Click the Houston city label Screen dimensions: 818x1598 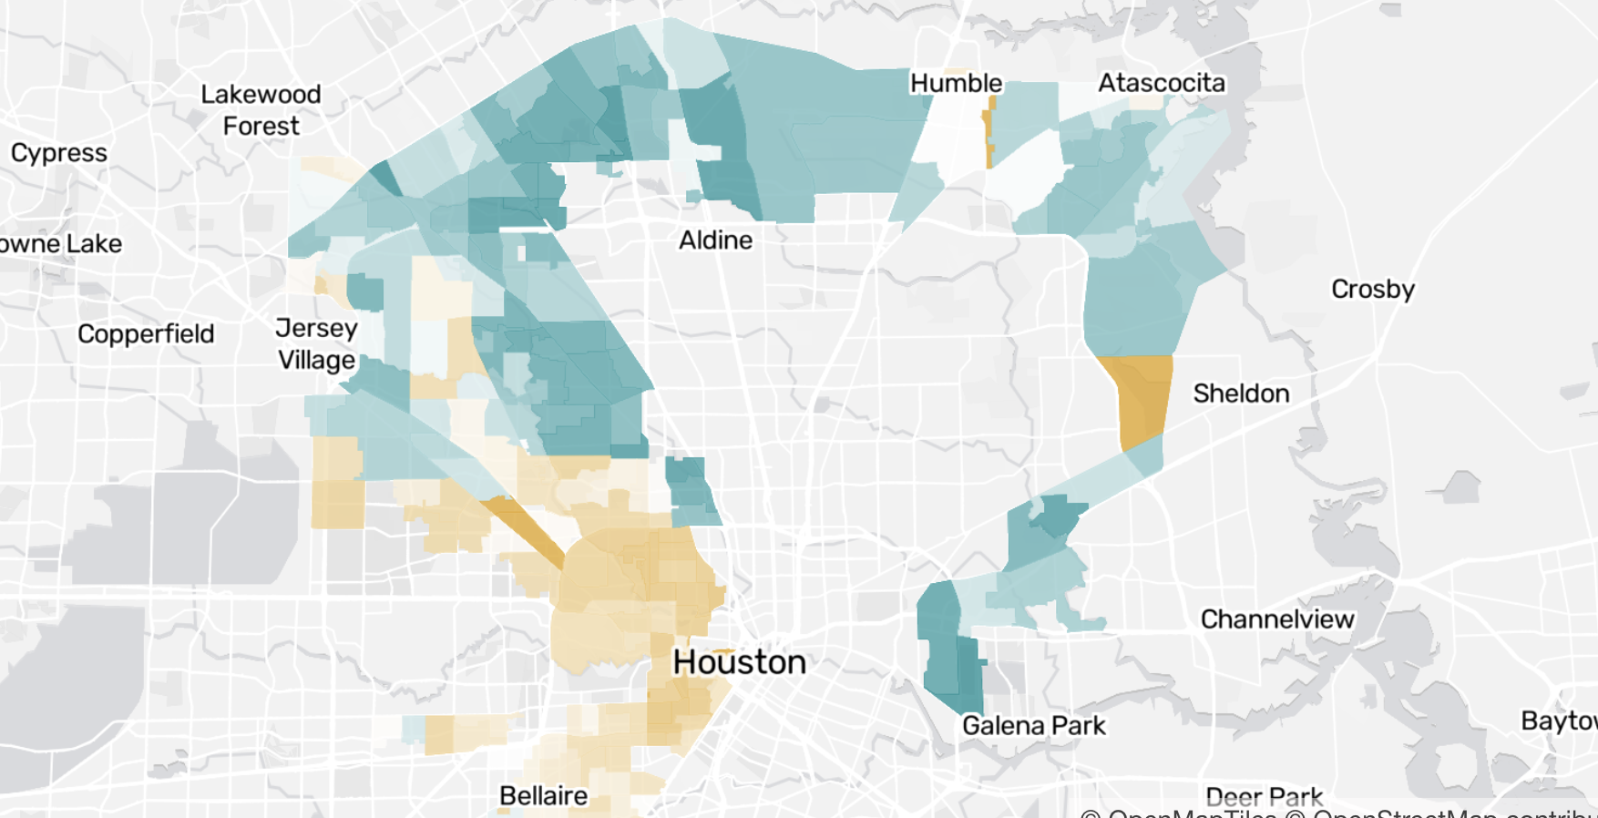[739, 662]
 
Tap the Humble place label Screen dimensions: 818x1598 [956, 83]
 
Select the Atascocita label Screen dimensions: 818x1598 [1161, 83]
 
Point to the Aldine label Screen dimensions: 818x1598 [715, 240]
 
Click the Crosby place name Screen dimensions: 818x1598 [1372, 289]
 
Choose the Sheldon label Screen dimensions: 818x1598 [1241, 394]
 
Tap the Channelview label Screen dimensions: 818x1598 [1276, 619]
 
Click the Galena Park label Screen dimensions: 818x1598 [1033, 726]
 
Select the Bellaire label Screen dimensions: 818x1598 [543, 795]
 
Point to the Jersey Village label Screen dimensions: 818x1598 [316, 343]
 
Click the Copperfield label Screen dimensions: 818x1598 [146, 333]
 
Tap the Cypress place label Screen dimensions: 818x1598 [58, 153]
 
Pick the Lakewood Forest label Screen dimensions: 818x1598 [261, 109]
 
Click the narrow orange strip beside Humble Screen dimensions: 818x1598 [989, 137]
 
